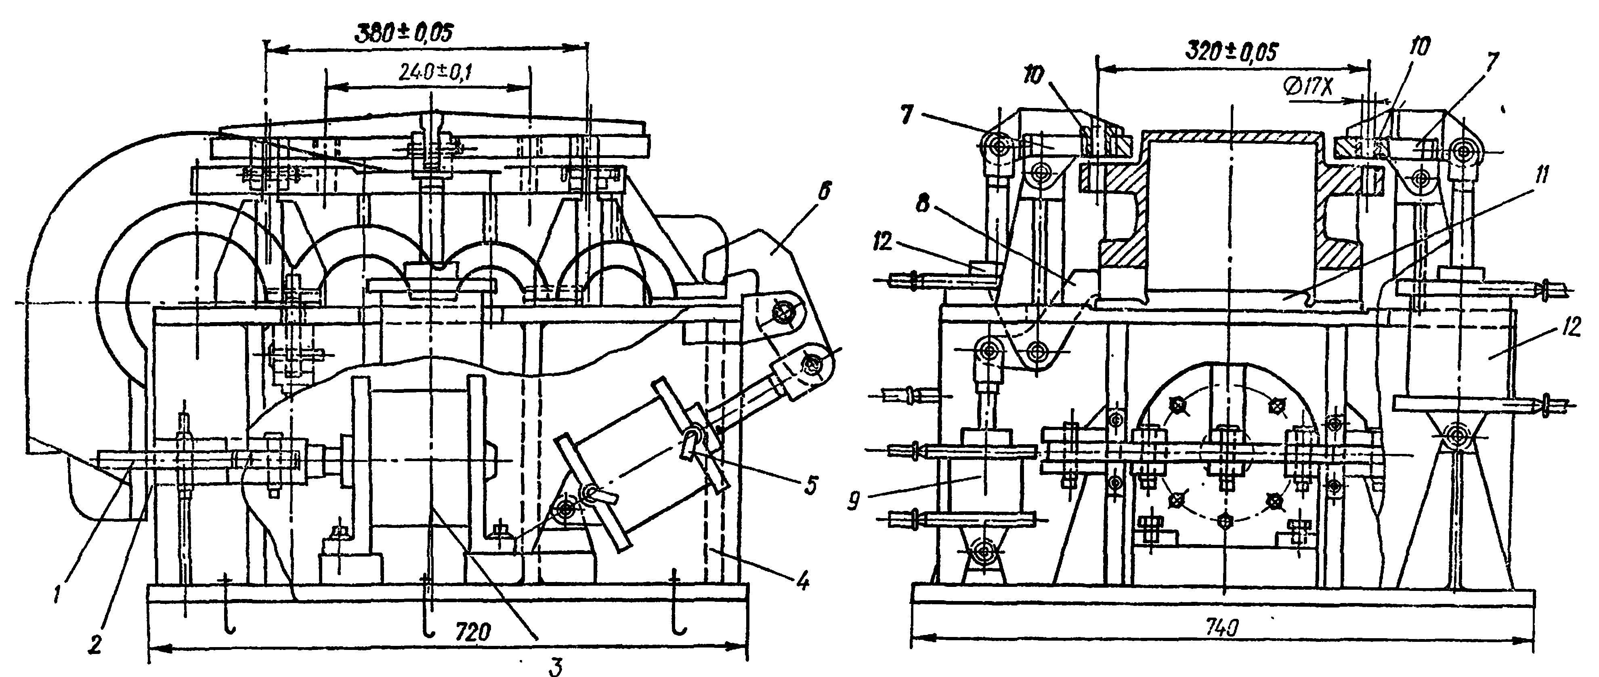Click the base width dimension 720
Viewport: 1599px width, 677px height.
point(473,632)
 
